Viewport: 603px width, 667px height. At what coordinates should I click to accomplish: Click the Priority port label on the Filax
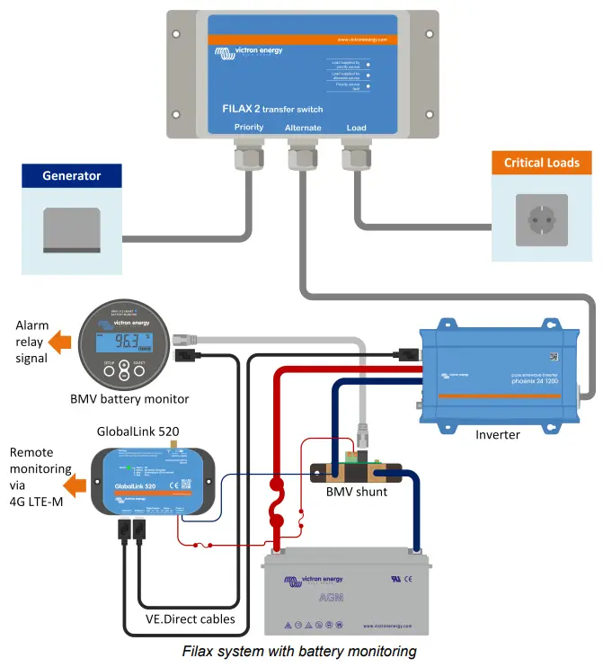pos(249,128)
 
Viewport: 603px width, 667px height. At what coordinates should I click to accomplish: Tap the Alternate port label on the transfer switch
pos(303,128)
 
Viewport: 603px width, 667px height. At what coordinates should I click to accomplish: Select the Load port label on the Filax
pos(356,128)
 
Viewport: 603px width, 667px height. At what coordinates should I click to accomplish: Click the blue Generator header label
pos(72,175)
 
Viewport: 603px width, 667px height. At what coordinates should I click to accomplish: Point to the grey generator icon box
pos(73,228)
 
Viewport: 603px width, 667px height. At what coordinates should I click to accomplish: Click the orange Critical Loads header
pos(542,163)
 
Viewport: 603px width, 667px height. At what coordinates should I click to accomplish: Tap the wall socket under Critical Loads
pos(541,220)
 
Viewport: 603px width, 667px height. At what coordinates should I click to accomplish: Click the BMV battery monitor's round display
pos(124,342)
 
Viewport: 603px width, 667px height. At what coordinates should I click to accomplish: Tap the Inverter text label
pos(499,434)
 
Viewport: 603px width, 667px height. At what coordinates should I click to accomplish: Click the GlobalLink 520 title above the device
pos(137,431)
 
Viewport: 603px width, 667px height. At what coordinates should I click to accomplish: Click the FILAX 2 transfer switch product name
pos(272,109)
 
